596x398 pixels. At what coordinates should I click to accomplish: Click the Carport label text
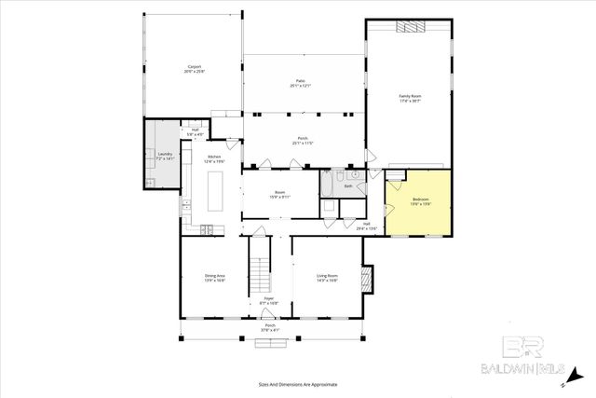click(196, 68)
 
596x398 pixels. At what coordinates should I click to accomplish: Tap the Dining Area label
click(215, 277)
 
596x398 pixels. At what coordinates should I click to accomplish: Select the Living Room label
click(326, 277)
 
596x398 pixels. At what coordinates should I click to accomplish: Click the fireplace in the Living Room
click(368, 277)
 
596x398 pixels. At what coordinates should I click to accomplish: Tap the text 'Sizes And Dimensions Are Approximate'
click(298, 384)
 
